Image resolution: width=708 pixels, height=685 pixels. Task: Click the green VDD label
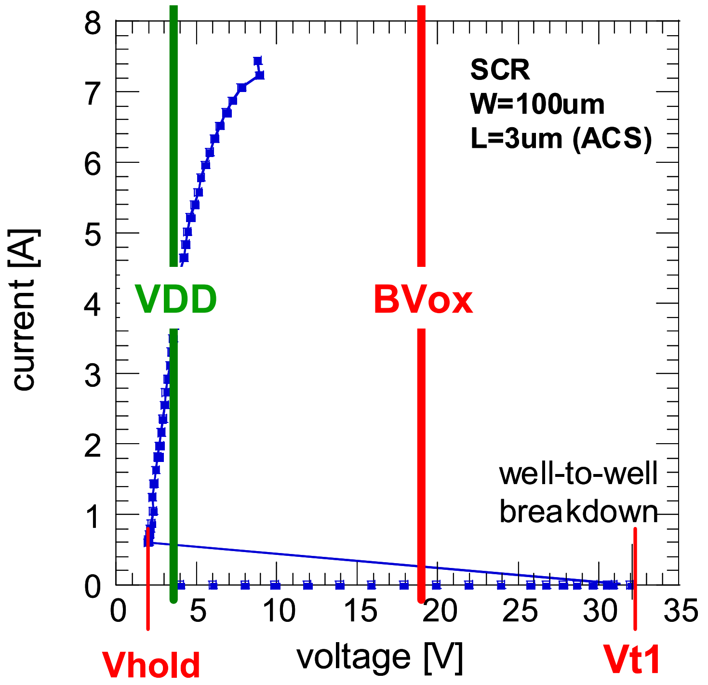pyautogui.click(x=176, y=299)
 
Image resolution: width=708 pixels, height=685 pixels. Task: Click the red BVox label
pyautogui.click(x=423, y=300)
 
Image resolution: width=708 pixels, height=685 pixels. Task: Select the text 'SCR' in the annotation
pyautogui.click(x=500, y=70)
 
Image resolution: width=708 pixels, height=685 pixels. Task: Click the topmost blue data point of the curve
pyautogui.click(x=257, y=61)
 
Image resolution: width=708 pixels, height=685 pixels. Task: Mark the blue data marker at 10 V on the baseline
pyautogui.click(x=276, y=585)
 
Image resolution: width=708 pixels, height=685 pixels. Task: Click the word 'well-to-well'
pyautogui.click(x=578, y=474)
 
